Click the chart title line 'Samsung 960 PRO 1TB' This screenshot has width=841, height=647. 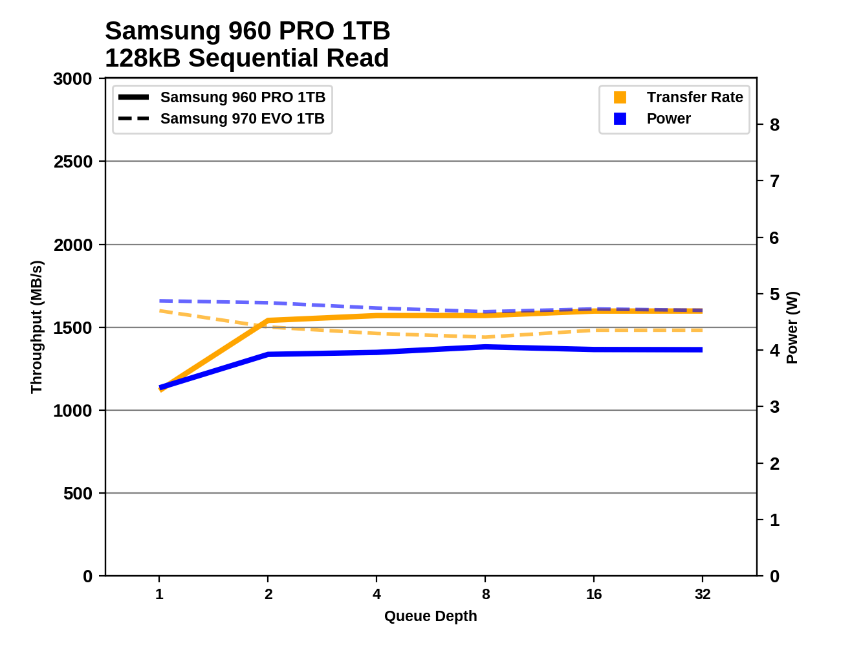tap(247, 31)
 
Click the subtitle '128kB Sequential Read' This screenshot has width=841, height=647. tap(246, 58)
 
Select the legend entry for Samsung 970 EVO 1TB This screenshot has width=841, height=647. tap(242, 119)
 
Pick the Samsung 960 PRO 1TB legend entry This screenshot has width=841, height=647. tap(243, 98)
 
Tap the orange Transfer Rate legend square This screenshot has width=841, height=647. tap(620, 98)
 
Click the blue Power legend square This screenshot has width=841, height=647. tap(620, 119)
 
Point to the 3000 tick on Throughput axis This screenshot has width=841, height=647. tap(72, 79)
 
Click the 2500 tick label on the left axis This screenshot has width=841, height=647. tap(72, 162)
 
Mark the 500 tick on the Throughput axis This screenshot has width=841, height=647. tap(78, 494)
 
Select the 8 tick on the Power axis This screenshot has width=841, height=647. tap(774, 125)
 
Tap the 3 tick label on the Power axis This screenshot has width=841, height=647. tap(774, 408)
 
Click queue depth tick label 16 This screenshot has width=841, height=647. tap(594, 595)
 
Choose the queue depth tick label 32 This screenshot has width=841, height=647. tap(703, 595)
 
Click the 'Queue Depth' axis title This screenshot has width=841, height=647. tap(430, 617)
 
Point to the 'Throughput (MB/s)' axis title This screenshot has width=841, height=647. tap(36, 327)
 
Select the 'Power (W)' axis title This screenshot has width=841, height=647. tap(792, 327)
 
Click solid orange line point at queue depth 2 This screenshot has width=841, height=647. tap(268, 320)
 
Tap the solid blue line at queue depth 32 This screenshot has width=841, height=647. tap(702, 350)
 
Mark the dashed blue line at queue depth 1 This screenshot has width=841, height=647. tap(160, 301)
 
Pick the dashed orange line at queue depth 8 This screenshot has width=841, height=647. tap(485, 337)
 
